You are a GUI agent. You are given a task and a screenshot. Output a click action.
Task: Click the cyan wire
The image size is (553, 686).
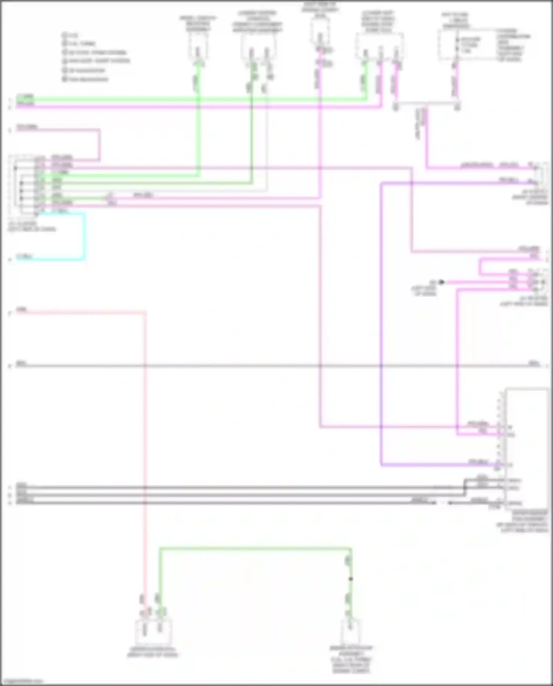pyautogui.click(x=84, y=236)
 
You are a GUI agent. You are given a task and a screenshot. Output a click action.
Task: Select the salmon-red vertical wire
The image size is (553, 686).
pyautogui.click(x=145, y=442)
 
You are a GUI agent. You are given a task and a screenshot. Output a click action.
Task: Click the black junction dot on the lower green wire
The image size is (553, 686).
pyautogui.click(x=350, y=579)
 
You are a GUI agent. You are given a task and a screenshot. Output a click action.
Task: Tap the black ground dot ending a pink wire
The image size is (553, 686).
pyautogui.click(x=441, y=282)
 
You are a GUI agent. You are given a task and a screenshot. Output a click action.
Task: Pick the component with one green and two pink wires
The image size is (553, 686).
pyautogui.click(x=379, y=46)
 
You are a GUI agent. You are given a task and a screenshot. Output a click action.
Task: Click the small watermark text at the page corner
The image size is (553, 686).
pyautogui.click(x=22, y=681)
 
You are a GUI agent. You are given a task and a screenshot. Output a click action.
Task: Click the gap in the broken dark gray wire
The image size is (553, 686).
pyautogui.click(x=442, y=502)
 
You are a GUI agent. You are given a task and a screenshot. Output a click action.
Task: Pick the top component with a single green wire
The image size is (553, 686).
pyautogui.click(x=198, y=46)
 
